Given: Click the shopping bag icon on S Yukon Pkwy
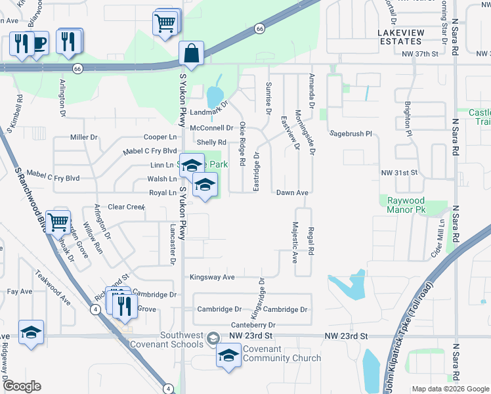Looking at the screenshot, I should pos(191,53).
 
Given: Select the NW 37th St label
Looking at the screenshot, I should pos(419,55).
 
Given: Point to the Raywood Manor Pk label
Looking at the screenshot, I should pos(406,206).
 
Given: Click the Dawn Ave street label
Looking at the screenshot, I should pos(292,192).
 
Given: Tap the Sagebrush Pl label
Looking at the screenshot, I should pos(351,133).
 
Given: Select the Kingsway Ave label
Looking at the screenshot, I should pos(212,277).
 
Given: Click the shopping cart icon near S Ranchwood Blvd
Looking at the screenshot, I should pos(58,222).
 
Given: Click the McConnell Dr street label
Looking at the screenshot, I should pos(211,128).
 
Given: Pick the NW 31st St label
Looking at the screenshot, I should pos(400,173).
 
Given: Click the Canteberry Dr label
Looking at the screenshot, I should pos(253,324).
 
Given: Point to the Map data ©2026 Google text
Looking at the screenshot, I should pos(450,389).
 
